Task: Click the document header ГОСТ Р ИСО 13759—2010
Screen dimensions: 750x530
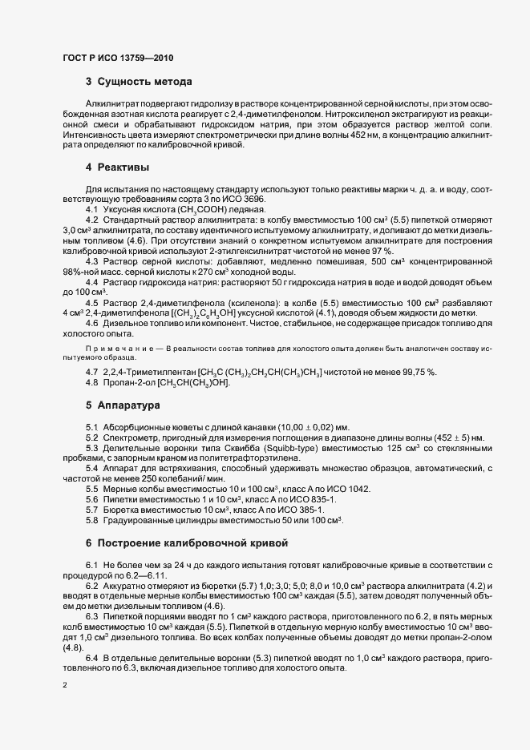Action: coord(116,58)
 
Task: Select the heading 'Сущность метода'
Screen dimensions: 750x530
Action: coord(144,82)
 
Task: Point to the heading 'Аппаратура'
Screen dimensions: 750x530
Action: coord(130,405)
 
